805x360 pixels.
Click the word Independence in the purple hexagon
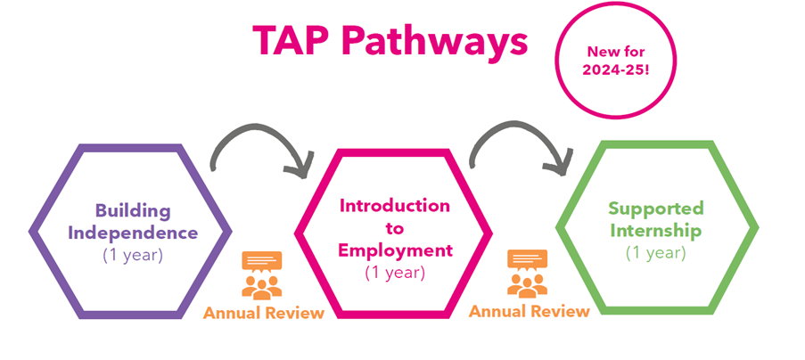click(x=134, y=233)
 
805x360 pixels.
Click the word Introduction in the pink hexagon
click(x=395, y=206)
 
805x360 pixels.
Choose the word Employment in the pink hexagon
click(x=395, y=250)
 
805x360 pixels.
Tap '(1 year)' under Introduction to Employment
click(x=395, y=272)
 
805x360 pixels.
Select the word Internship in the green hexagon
click(x=657, y=231)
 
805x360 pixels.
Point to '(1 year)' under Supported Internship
click(x=656, y=252)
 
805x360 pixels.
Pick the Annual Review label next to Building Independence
click(x=263, y=313)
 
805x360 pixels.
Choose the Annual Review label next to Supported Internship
click(x=529, y=311)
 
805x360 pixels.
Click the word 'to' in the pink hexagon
click(x=395, y=228)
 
